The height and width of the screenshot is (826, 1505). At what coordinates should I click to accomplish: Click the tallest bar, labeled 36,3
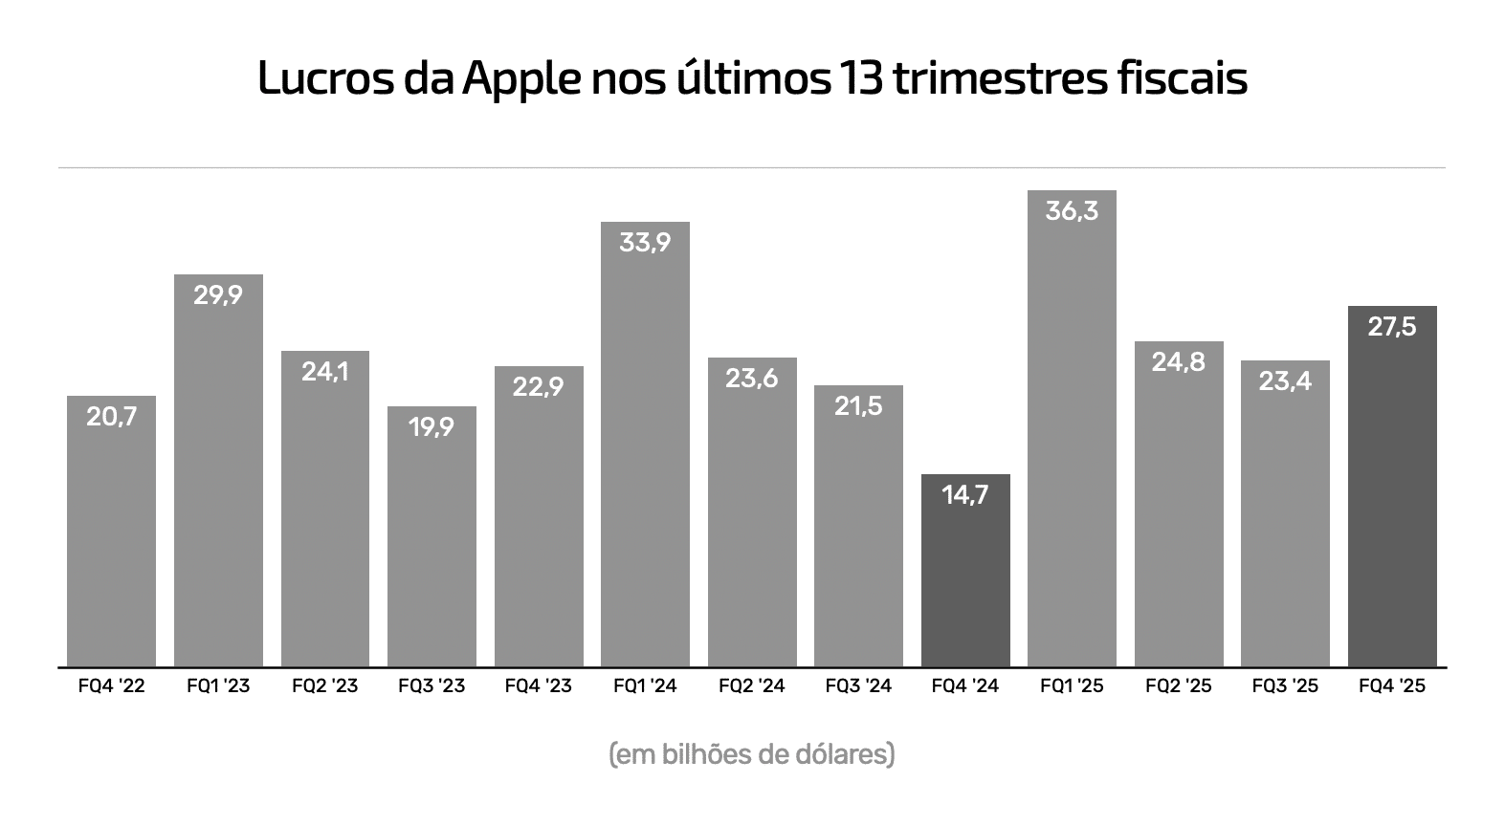[x=1072, y=430]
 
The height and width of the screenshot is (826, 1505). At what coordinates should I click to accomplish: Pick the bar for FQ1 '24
[x=645, y=449]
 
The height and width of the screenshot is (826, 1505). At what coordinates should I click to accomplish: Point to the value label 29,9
[x=218, y=295]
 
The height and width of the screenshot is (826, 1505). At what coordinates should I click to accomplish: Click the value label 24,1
[x=324, y=371]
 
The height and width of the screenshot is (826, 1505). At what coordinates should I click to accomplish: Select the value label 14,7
[x=965, y=495]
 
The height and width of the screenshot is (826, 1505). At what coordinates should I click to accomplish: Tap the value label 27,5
[x=1392, y=327]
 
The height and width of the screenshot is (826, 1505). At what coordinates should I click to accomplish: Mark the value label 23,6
[x=752, y=379]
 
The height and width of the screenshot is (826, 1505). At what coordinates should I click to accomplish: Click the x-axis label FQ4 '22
[x=112, y=686]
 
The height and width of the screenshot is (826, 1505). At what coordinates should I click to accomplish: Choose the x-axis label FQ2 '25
[x=1179, y=686]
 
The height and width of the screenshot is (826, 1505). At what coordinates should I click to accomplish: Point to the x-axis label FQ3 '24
[x=858, y=686]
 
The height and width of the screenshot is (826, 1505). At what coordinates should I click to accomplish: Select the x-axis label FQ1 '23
[x=218, y=686]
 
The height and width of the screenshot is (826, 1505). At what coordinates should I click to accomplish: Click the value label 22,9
[x=538, y=387]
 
